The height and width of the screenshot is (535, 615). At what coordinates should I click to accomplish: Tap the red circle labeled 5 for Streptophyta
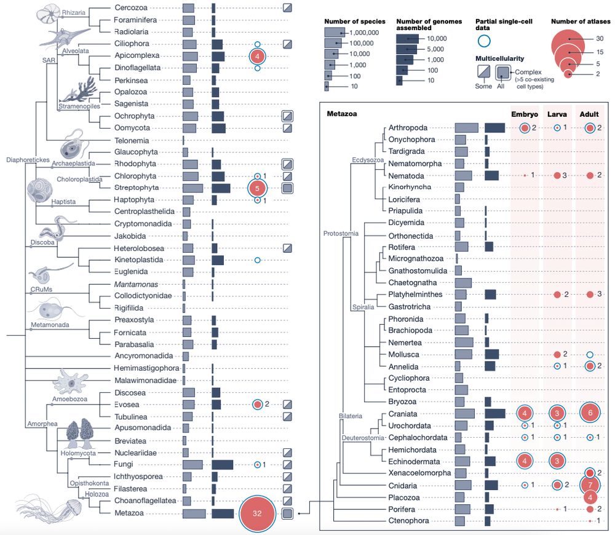point(258,188)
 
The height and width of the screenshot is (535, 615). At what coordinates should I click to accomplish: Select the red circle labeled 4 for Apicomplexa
point(258,56)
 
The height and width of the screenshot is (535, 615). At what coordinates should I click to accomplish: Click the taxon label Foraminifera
point(135,20)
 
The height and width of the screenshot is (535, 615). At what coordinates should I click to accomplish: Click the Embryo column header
point(525,114)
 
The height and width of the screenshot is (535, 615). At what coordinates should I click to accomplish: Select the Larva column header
point(557,114)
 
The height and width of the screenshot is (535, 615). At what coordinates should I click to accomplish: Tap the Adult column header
point(590,114)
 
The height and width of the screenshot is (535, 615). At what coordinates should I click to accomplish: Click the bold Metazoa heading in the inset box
point(341,114)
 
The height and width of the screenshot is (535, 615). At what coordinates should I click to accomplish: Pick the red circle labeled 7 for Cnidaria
point(590,485)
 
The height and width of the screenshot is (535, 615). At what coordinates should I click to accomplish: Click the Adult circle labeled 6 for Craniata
point(590,413)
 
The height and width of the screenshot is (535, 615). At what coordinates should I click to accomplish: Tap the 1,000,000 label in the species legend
point(364,32)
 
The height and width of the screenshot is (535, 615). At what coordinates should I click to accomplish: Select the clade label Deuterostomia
point(363,438)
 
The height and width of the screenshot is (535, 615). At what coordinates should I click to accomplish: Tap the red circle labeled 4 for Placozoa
point(590,497)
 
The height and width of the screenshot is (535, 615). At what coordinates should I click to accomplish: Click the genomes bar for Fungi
point(222,464)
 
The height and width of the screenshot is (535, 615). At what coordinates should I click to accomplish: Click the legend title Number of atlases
point(581,22)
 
